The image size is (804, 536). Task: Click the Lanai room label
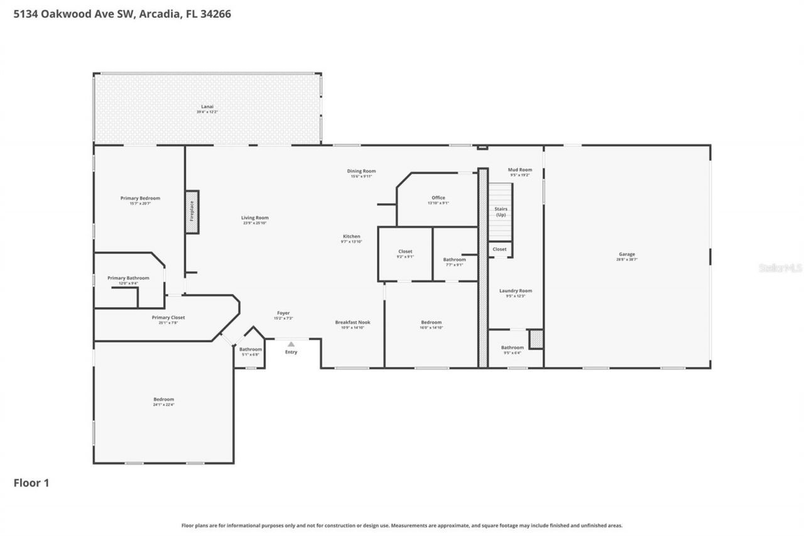(x=207, y=107)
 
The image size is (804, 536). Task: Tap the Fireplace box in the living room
(x=192, y=212)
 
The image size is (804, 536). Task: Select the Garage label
(x=627, y=254)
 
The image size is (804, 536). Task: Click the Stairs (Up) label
(x=501, y=212)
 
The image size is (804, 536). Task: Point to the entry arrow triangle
(x=291, y=344)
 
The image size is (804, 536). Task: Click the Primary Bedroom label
(x=140, y=198)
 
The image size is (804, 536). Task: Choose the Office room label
(x=438, y=198)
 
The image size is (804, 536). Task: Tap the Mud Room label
(x=519, y=170)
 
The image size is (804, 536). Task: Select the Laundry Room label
(x=516, y=290)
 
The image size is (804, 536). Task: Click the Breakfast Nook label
(x=352, y=322)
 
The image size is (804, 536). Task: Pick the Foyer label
(x=283, y=313)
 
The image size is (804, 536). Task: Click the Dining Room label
(x=361, y=171)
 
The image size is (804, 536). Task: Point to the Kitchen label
(x=351, y=236)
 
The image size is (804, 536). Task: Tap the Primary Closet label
(x=168, y=317)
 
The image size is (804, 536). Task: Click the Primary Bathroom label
(x=128, y=278)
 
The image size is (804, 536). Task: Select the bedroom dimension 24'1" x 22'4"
(x=163, y=405)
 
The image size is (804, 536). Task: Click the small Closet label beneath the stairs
(x=499, y=249)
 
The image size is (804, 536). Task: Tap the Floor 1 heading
(x=31, y=483)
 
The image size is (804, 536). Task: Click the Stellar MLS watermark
(x=780, y=268)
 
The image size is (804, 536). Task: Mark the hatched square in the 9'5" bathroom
(x=536, y=339)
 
